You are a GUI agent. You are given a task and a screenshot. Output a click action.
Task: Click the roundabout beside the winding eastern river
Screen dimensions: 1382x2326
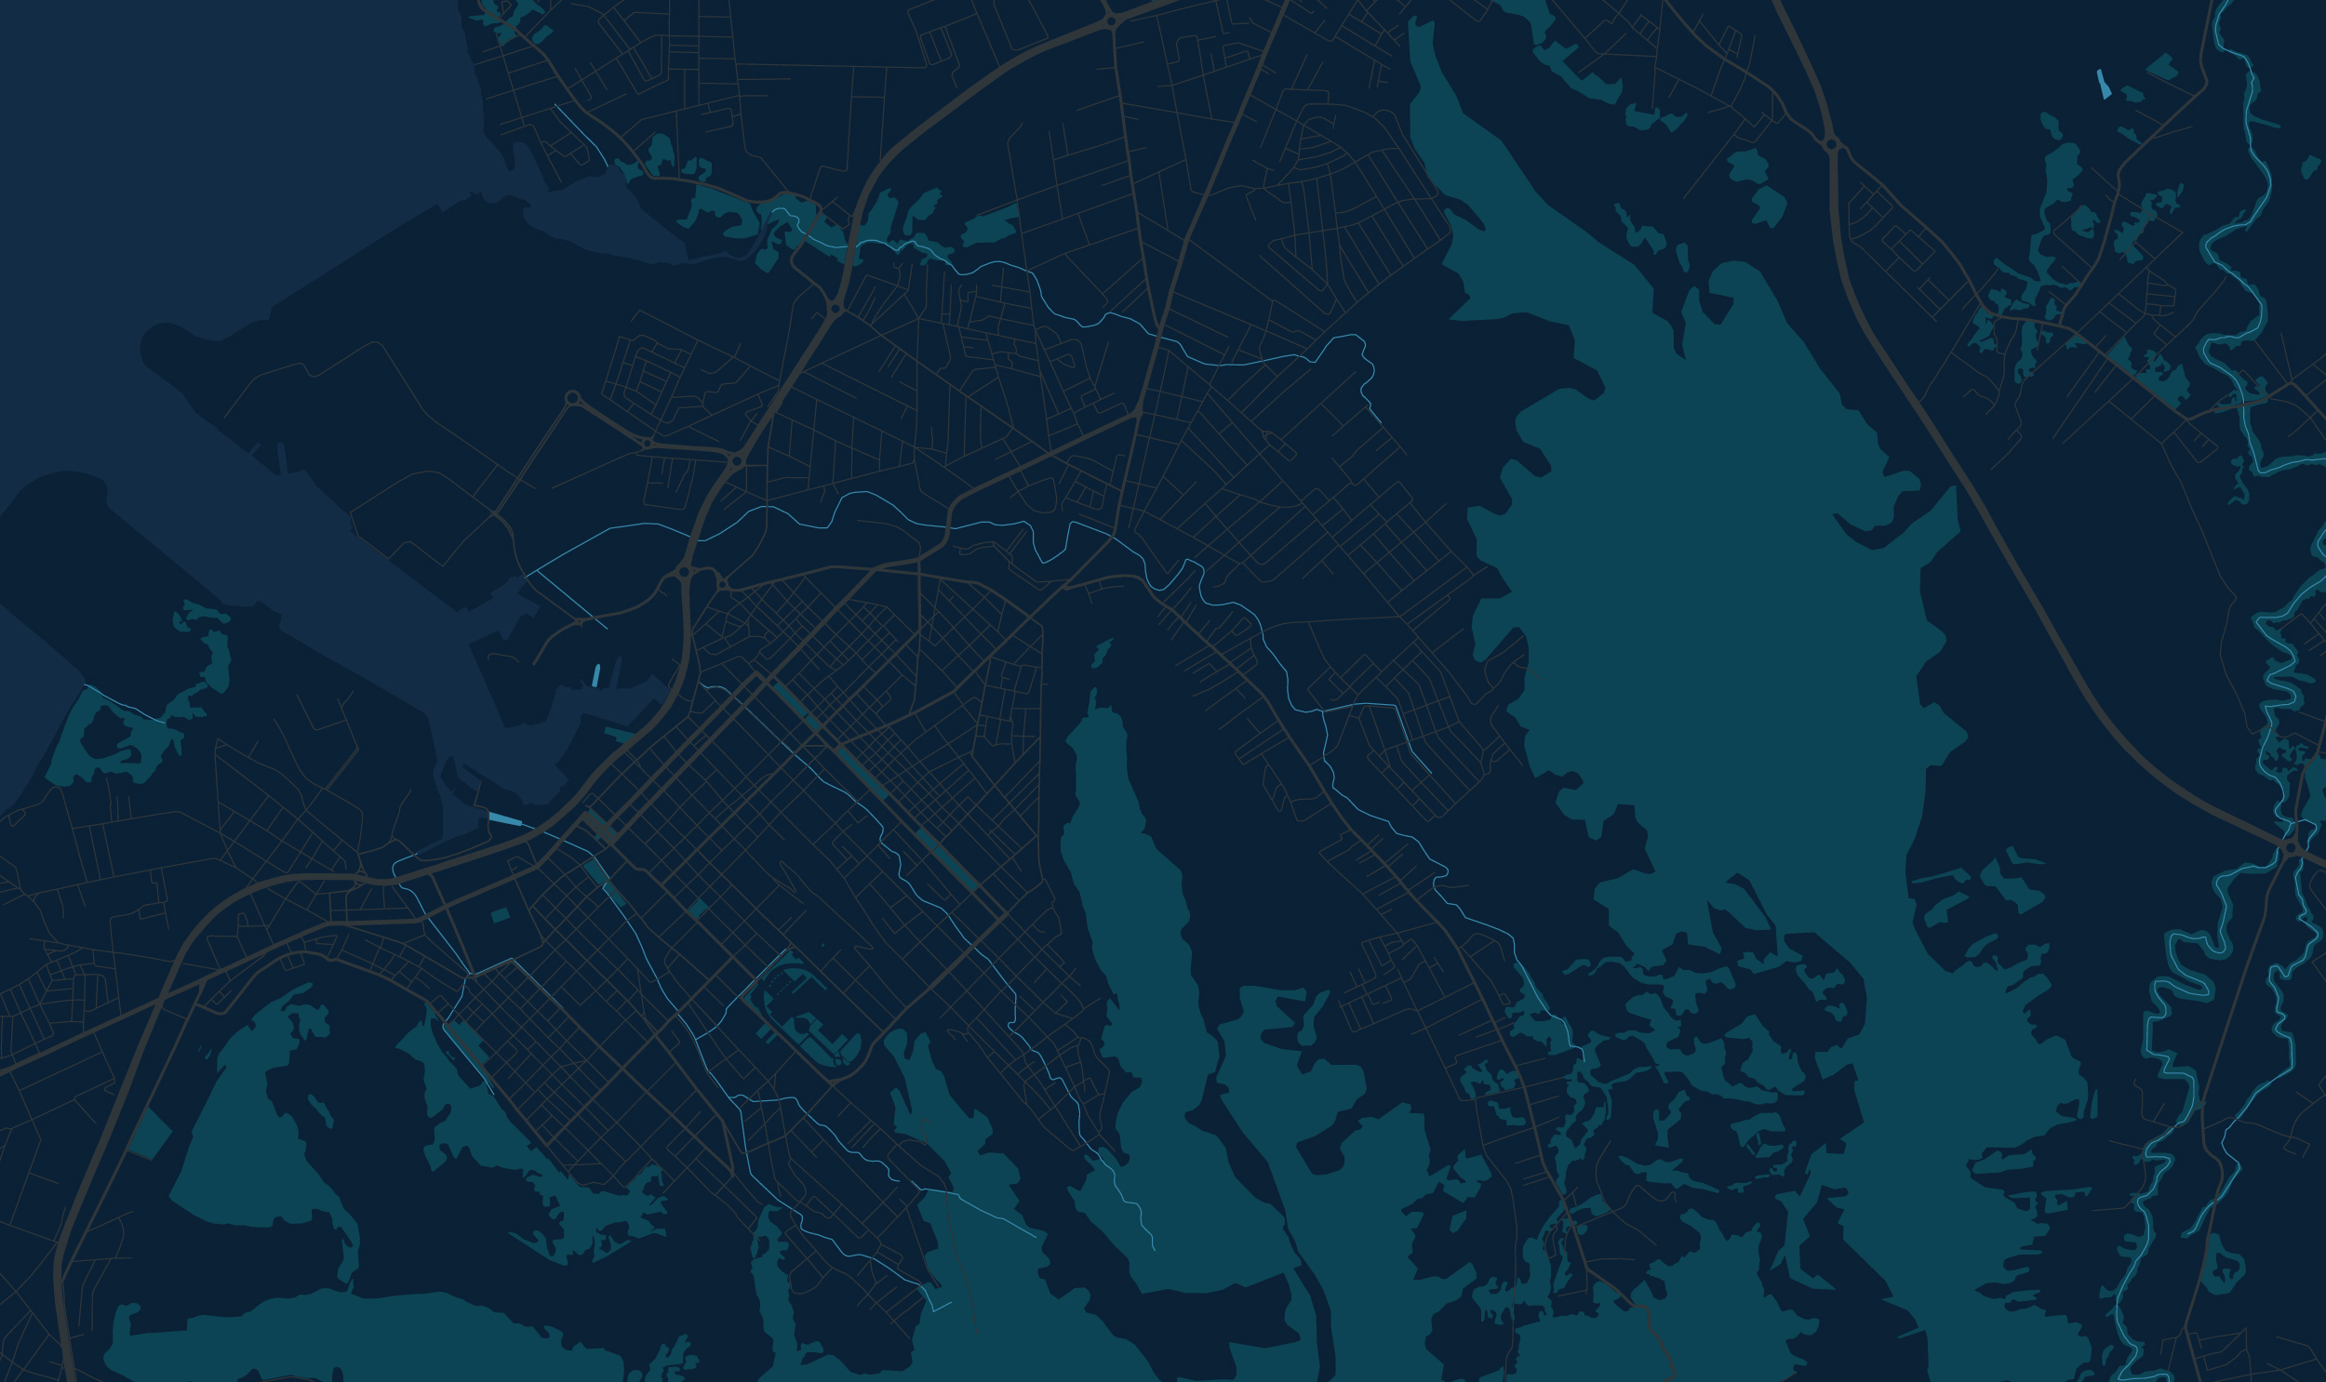tap(2291, 847)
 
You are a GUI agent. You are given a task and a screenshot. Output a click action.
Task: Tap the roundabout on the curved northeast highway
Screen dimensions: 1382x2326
tap(1831, 144)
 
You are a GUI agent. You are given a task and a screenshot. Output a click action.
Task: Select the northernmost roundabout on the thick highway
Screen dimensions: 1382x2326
tap(1110, 20)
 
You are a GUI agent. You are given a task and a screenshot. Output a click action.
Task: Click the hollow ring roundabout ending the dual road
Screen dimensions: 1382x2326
tap(572, 398)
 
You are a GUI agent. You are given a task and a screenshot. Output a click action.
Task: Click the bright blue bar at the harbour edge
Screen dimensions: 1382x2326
tap(505, 818)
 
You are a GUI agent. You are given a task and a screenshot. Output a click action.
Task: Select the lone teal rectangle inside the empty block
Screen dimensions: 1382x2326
tap(501, 914)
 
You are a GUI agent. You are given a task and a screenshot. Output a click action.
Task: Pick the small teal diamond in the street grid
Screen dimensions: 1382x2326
tap(698, 909)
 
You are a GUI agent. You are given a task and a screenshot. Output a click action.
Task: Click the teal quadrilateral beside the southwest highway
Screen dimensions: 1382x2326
tap(151, 1134)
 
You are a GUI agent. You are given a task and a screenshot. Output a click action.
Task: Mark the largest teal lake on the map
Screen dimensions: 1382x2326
tap(1723, 559)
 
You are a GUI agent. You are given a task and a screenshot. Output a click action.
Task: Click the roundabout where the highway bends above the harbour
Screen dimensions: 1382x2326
tap(684, 572)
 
